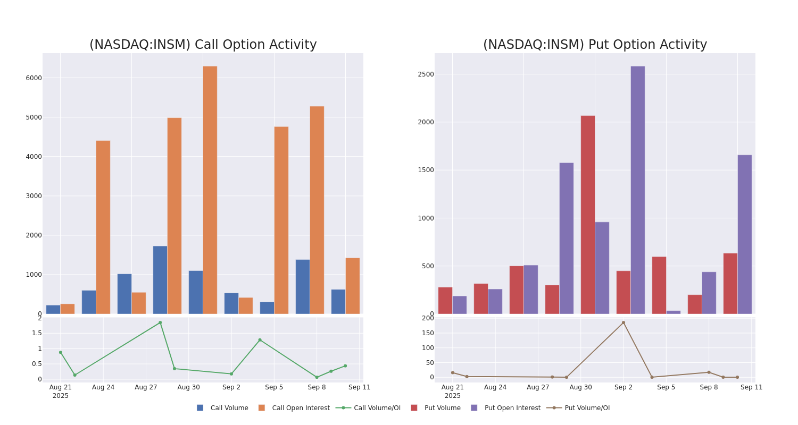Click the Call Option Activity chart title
click(203, 45)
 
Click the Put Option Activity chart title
click(595, 45)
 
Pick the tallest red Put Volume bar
click(588, 215)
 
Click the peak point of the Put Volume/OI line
click(624, 322)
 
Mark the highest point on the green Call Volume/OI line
click(160, 322)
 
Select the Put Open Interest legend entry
click(512, 408)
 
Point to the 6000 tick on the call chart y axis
click(34, 78)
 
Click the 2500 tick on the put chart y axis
click(426, 74)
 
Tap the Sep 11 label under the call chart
click(360, 388)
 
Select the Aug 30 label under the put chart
click(580, 388)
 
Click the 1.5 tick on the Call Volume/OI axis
click(37, 333)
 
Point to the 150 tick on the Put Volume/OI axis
click(428, 333)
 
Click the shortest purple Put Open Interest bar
click(673, 312)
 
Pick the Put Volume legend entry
click(442, 408)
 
